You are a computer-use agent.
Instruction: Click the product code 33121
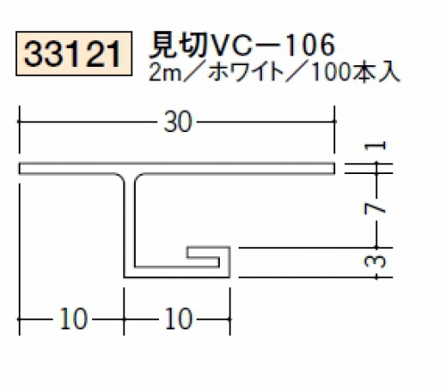click(73, 54)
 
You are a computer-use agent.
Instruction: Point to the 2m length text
click(165, 73)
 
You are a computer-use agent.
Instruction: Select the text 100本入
click(354, 73)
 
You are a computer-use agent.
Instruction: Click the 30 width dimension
click(178, 122)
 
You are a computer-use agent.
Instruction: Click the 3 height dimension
click(375, 261)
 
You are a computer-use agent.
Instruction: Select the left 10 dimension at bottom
click(73, 319)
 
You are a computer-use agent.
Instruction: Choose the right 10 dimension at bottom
click(178, 319)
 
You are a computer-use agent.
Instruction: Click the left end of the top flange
click(21, 168)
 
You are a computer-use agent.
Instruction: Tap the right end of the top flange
click(333, 168)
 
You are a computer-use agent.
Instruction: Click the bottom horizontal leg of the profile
click(177, 272)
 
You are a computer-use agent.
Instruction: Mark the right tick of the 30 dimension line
click(334, 121)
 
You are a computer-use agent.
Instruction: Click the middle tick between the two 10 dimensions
click(124, 319)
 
